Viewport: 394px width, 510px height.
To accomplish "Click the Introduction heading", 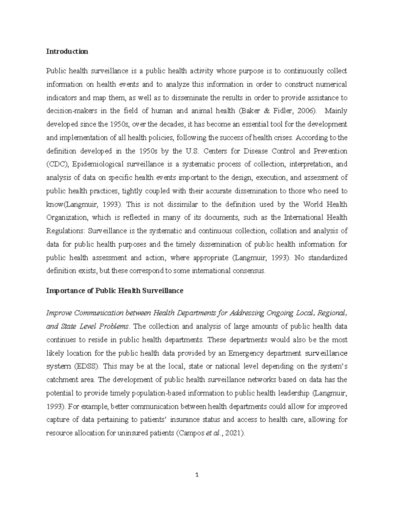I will click(67, 52).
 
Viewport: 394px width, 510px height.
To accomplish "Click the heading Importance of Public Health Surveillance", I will click(115, 291).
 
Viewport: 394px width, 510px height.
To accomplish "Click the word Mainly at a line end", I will click(336, 111).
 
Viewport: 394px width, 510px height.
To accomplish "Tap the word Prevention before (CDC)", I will click(330, 151).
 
